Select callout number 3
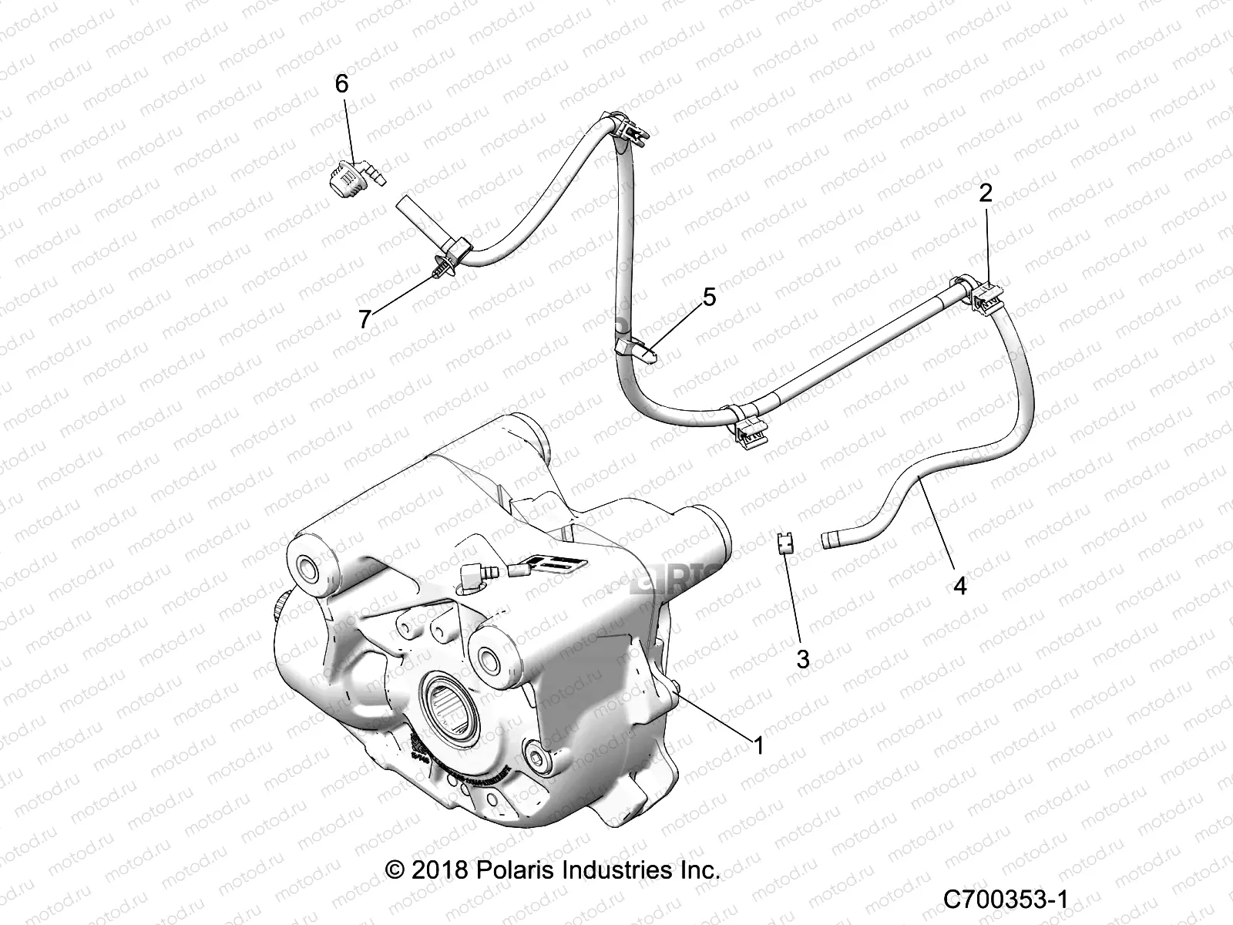802,659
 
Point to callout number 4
959,585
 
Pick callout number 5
709,297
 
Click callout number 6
341,84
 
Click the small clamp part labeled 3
784,543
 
